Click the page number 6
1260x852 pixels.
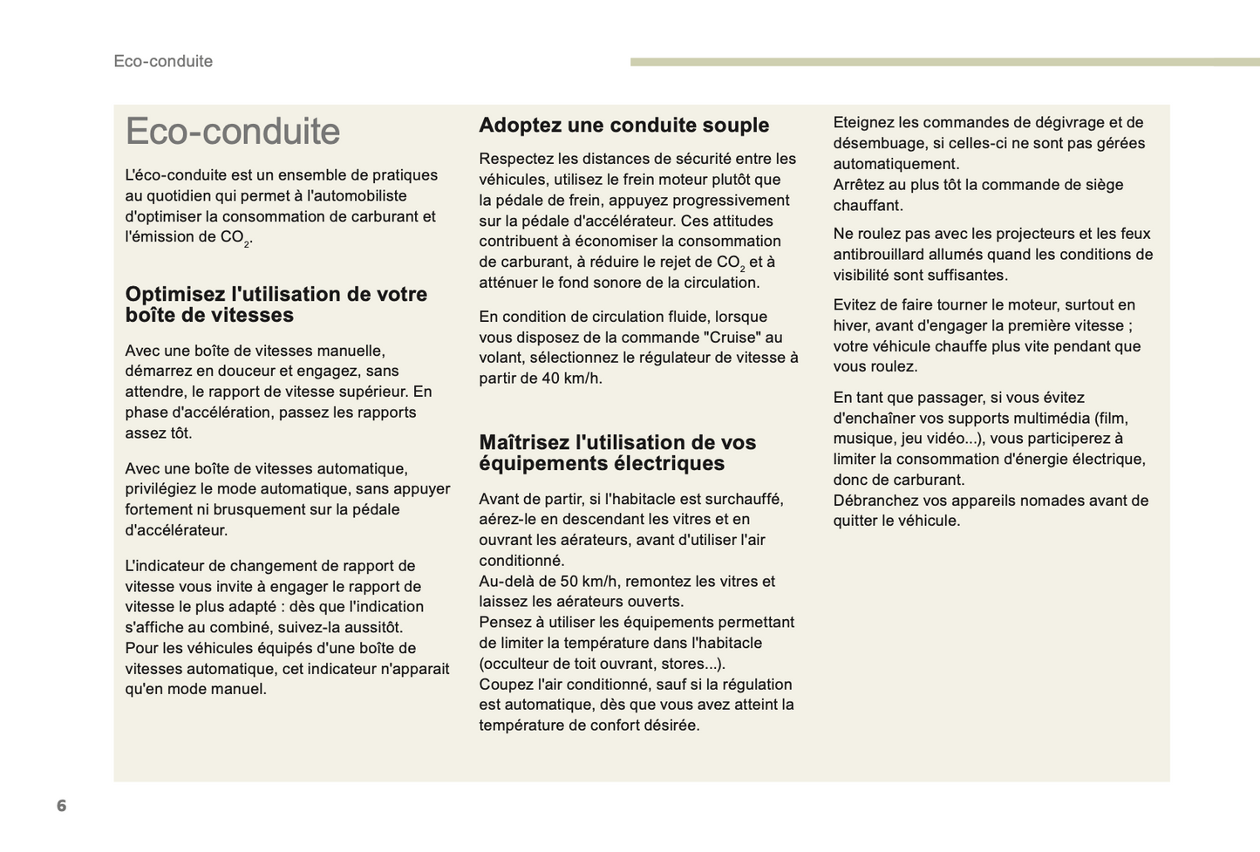coord(61,805)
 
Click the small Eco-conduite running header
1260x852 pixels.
coord(163,61)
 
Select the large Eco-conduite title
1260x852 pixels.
coord(233,132)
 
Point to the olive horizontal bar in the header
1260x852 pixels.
coord(944,62)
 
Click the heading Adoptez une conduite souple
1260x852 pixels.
coord(623,126)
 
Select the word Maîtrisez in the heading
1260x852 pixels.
coord(524,442)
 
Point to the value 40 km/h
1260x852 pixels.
coord(572,378)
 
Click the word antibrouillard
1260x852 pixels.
coord(885,255)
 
